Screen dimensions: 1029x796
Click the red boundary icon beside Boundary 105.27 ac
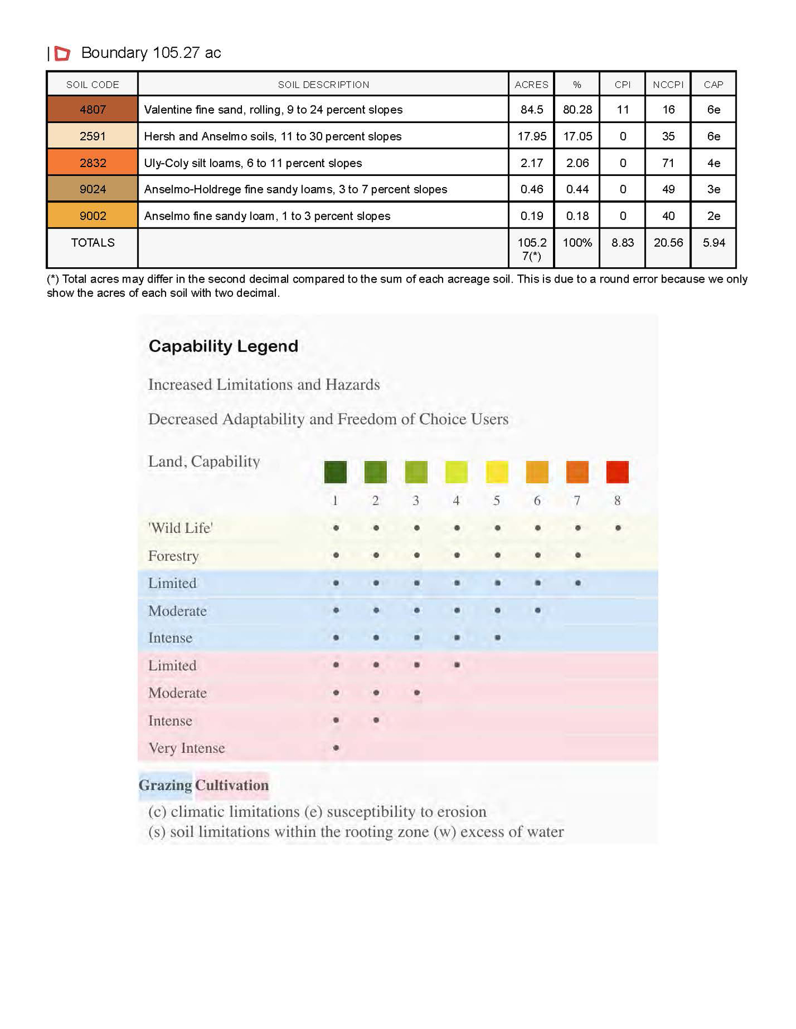(x=62, y=53)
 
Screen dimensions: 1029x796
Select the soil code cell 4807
(x=92, y=110)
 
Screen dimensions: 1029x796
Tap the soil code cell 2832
(x=92, y=163)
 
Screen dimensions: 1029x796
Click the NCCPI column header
(x=668, y=85)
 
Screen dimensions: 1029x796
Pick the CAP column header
(x=713, y=85)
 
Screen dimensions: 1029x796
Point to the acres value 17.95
(x=531, y=136)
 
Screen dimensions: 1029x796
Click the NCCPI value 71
(x=668, y=163)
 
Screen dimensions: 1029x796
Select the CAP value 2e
(x=713, y=216)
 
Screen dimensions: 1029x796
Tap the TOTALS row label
(x=92, y=243)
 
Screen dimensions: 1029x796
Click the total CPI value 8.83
(x=622, y=243)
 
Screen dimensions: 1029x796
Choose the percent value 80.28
(x=577, y=110)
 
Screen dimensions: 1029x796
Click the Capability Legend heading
(x=223, y=346)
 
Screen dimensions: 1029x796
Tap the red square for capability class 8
(x=617, y=472)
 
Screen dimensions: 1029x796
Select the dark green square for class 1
(x=335, y=472)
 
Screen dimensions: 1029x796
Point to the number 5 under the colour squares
(x=497, y=500)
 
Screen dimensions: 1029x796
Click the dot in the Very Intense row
(x=336, y=748)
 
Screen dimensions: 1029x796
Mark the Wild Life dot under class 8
(x=618, y=528)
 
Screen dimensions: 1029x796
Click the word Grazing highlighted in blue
(x=165, y=785)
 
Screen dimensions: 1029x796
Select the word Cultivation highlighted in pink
(x=232, y=785)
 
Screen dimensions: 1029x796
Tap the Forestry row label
(x=174, y=556)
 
